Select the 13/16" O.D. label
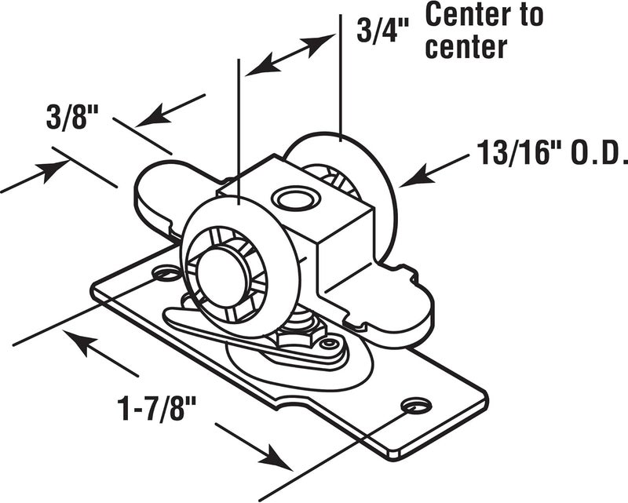point(551,153)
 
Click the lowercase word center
point(465,47)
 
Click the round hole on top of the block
point(295,199)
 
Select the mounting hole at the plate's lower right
point(414,405)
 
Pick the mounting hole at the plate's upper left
point(166,274)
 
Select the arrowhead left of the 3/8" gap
point(53,169)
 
